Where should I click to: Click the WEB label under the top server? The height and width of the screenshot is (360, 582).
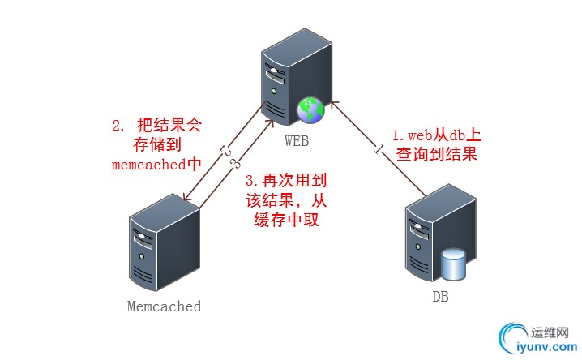296,141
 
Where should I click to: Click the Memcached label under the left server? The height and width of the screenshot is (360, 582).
164,306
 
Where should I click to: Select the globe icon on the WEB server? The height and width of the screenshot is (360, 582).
310,109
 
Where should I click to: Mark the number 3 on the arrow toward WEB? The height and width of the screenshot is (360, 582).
235,164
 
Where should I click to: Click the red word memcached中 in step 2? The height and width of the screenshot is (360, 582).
156,164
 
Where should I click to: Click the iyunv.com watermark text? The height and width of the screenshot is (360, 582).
541,349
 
